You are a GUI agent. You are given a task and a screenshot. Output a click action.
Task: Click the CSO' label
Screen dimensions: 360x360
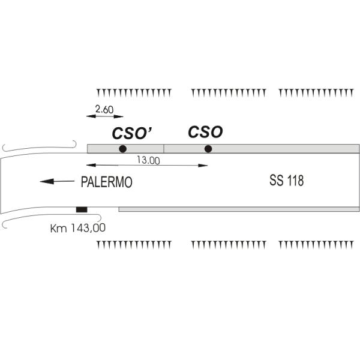coord(132,133)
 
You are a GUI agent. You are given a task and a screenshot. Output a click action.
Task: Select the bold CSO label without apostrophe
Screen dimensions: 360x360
coord(205,132)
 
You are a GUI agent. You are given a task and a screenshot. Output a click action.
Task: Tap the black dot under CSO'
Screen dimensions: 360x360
coord(122,149)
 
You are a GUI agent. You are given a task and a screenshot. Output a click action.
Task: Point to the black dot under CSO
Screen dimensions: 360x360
coord(208,149)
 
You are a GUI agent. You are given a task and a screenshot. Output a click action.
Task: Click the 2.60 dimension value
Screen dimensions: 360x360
coord(104,110)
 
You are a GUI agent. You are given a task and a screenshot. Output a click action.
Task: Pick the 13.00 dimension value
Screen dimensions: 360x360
coord(148,160)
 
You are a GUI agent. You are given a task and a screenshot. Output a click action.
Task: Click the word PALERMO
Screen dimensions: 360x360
coord(107,182)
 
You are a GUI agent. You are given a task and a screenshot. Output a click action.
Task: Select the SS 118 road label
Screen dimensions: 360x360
coord(287,181)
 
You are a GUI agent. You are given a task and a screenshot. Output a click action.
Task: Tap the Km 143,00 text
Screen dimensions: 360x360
coord(78,228)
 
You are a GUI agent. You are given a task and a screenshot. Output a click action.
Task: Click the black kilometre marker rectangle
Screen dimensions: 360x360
coord(82,209)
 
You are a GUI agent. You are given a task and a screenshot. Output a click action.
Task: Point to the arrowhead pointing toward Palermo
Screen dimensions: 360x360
coord(47,181)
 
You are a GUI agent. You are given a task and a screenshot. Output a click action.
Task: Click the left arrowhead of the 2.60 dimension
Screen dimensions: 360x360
coord(91,116)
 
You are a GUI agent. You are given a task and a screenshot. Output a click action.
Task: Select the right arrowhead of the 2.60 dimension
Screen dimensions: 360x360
coord(118,116)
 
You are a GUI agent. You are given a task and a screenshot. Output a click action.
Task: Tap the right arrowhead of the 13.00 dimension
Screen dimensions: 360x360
coord(203,166)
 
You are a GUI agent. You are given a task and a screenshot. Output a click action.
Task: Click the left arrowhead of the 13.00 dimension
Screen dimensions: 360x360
coord(91,165)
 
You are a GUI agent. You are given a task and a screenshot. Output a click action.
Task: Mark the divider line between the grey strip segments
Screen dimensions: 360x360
coord(164,149)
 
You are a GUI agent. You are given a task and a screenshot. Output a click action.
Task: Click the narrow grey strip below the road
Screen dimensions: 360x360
coord(239,209)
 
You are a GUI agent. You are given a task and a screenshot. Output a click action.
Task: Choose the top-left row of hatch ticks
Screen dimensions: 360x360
coord(134,92)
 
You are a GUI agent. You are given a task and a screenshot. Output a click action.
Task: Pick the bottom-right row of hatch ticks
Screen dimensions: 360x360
coord(316,245)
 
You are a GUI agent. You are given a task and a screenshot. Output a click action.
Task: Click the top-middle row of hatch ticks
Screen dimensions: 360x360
coord(229,93)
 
